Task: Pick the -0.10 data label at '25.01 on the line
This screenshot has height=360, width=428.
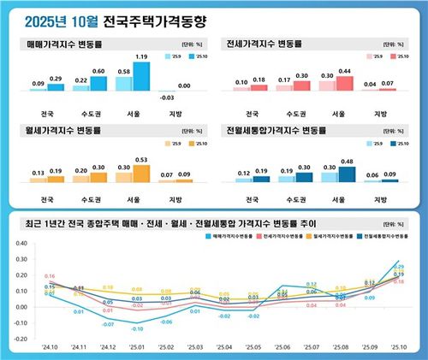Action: click(x=137, y=328)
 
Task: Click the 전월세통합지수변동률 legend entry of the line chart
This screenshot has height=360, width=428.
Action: click(x=386, y=233)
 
